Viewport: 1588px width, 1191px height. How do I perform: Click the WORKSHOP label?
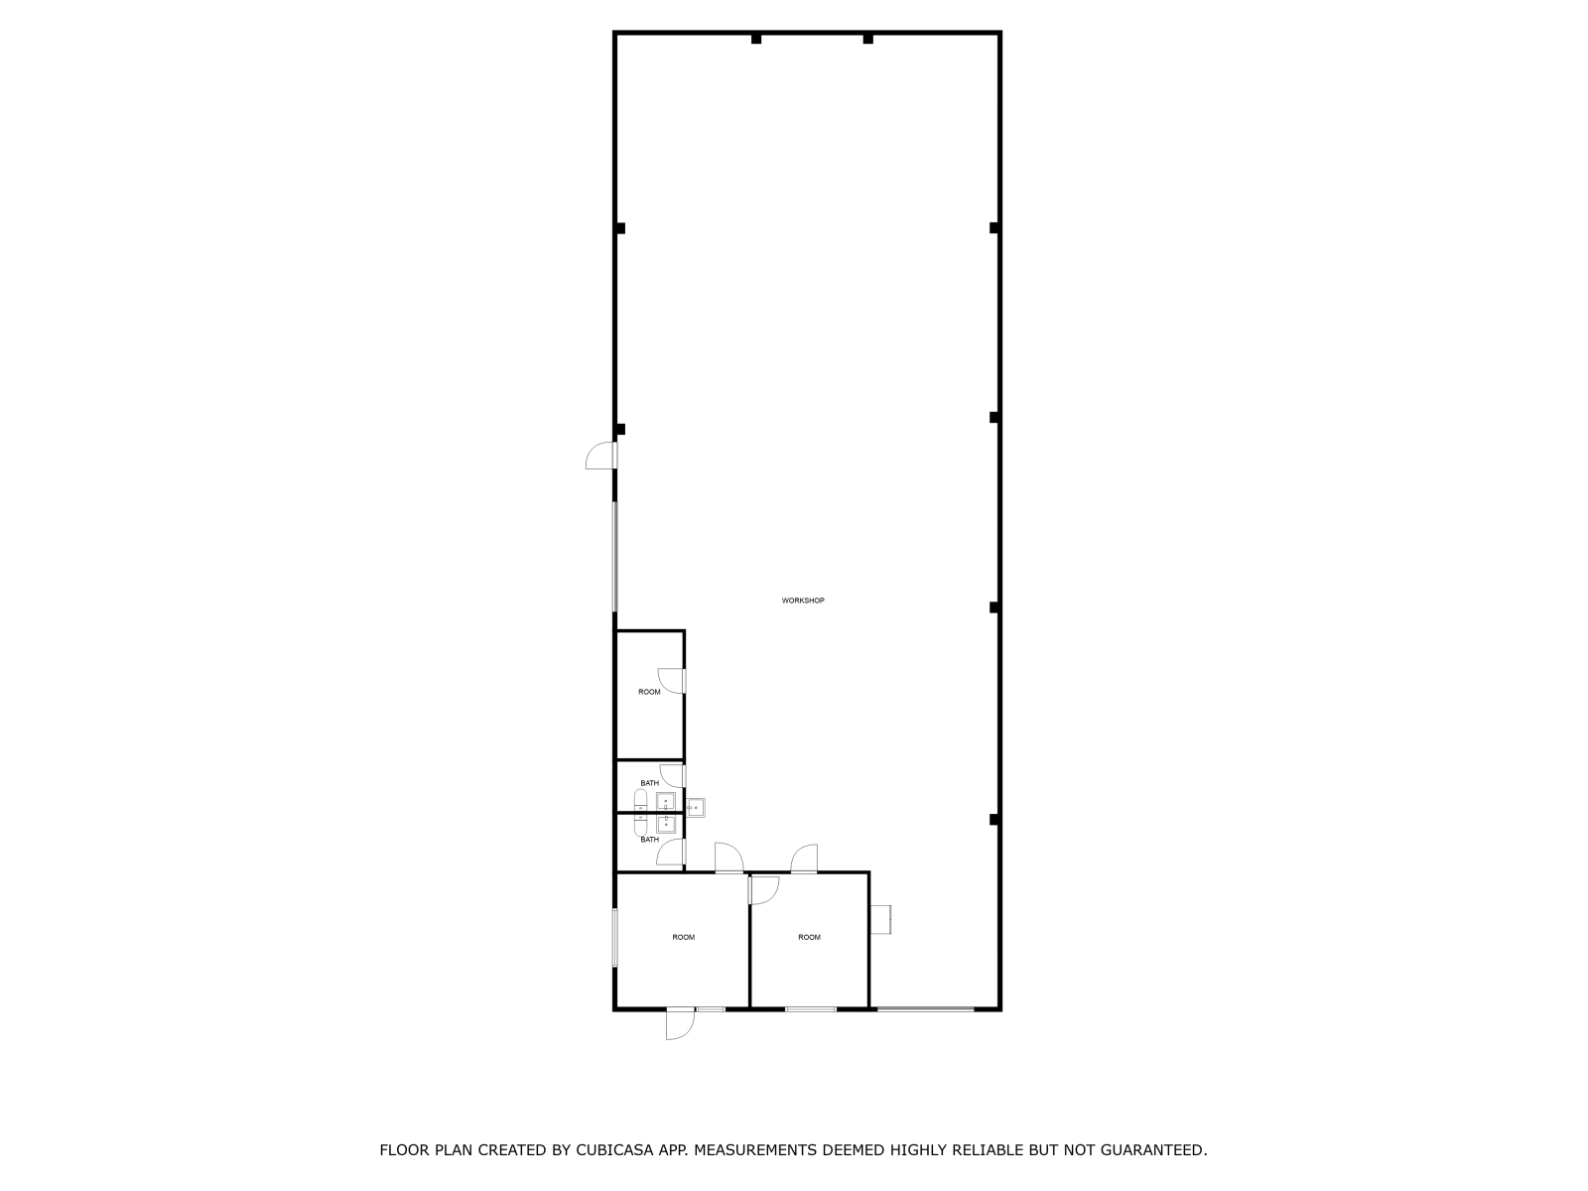pos(802,600)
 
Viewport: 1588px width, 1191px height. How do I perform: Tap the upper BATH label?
pos(649,783)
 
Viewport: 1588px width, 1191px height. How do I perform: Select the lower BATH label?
pos(649,840)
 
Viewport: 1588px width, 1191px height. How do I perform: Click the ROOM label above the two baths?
pos(649,692)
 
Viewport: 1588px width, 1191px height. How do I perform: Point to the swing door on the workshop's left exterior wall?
pos(601,456)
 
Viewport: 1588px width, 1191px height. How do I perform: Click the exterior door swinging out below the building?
pos(680,1023)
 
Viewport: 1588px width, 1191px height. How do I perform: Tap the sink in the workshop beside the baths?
pos(696,808)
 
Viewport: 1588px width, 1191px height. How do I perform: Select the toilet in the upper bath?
pos(640,801)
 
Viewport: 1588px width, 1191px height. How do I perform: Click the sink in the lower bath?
pos(666,824)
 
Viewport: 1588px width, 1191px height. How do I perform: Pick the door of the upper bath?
pos(672,776)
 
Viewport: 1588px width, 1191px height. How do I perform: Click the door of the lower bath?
pos(671,852)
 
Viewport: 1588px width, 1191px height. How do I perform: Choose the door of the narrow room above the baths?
pos(671,681)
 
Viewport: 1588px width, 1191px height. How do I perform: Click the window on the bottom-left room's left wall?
pos(615,938)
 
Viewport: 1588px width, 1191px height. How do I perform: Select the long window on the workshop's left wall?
pos(615,557)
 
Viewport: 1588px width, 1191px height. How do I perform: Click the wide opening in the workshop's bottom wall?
pos(925,1008)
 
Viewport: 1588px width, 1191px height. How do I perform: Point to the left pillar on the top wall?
pos(756,39)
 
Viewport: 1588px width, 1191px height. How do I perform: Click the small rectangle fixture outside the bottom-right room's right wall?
pos(880,920)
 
